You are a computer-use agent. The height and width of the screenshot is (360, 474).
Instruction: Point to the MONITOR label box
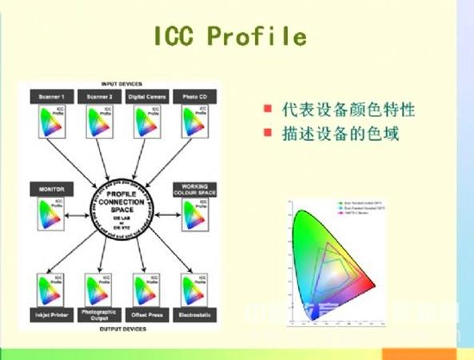(x=50, y=189)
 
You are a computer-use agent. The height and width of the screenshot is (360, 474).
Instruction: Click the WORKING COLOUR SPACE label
(x=194, y=189)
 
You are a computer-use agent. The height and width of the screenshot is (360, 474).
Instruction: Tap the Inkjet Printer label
(x=50, y=314)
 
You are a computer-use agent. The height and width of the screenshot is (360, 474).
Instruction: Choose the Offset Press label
(x=146, y=314)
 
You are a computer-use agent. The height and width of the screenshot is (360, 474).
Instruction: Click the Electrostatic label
(x=193, y=314)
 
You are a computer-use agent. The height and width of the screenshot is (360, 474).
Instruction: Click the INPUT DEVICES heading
(x=122, y=83)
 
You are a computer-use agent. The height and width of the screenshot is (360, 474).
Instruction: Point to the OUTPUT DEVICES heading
(x=122, y=328)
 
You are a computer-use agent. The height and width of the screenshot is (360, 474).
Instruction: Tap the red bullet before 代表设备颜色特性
(x=266, y=110)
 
